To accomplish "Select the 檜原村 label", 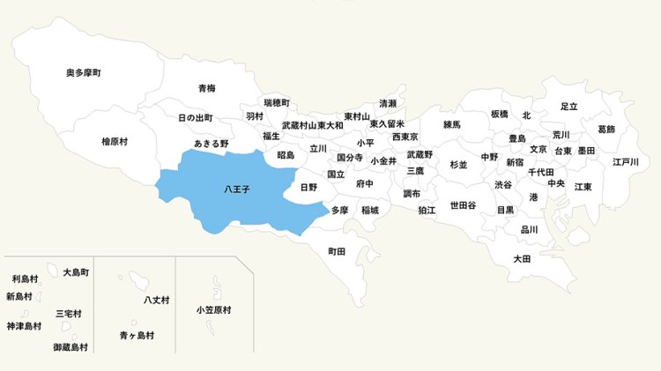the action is click(x=115, y=141).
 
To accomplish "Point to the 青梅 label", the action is click(x=207, y=88).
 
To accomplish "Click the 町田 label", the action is click(x=337, y=251).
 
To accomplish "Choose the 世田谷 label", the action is click(x=463, y=205).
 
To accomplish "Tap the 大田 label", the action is click(x=522, y=259).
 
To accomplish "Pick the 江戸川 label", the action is click(x=626, y=162).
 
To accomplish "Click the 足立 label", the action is click(x=569, y=107).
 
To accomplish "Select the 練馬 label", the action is click(x=452, y=125).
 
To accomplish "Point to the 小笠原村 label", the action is click(x=214, y=310).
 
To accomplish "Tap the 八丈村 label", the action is click(x=156, y=301).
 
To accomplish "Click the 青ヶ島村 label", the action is click(x=137, y=336).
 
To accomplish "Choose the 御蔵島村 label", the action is click(x=71, y=347).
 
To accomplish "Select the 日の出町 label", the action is click(x=196, y=118).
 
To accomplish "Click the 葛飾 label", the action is click(x=606, y=129).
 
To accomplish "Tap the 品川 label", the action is click(x=530, y=229).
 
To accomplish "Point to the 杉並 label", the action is click(x=458, y=165).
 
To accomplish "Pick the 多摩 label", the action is click(x=340, y=210).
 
